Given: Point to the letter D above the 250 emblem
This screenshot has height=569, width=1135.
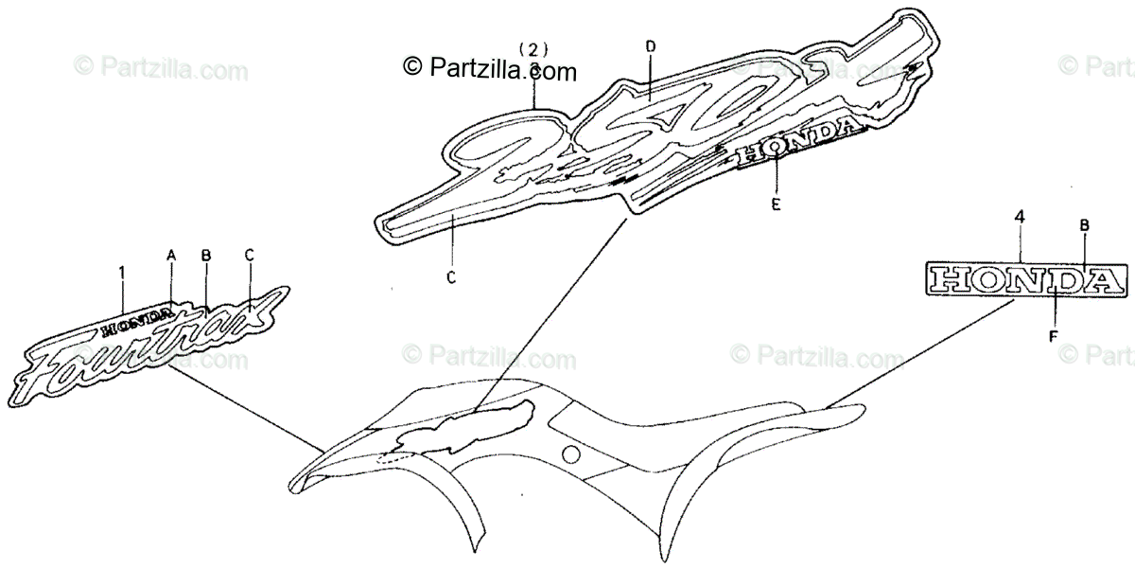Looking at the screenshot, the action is tap(650, 45).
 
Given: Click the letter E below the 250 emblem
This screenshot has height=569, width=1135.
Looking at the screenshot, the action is tap(776, 204).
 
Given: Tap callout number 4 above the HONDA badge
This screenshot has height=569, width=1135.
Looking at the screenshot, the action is tap(1019, 217).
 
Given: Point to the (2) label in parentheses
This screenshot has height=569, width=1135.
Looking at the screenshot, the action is tap(534, 48).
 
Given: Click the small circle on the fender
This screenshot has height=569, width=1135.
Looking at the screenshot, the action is tap(570, 453).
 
